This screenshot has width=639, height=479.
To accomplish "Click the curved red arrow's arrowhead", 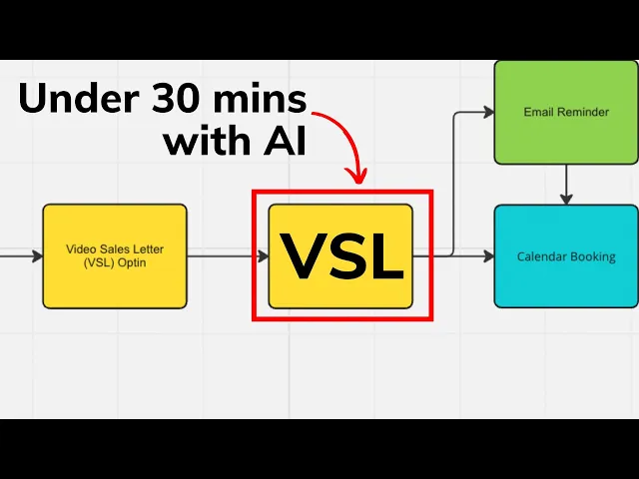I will point(356,176).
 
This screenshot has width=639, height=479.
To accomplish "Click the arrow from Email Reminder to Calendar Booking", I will point(566,184).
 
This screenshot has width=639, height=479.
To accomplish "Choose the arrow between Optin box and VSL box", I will point(228,256).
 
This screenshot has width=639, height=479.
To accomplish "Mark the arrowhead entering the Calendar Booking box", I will point(488,256).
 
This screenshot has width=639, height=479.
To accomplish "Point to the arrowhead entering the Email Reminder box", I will point(488,113).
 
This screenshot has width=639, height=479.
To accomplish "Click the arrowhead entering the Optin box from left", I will point(37,256).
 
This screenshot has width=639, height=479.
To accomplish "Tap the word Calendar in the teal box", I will point(540,256).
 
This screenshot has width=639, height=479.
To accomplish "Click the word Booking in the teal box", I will point(592,256).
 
